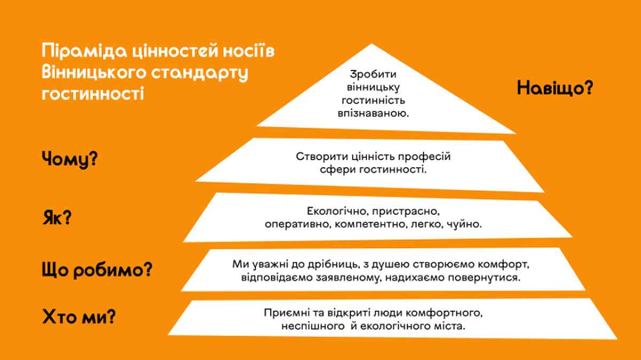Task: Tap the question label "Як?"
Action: click(x=57, y=218)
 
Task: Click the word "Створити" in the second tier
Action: click(x=316, y=157)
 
